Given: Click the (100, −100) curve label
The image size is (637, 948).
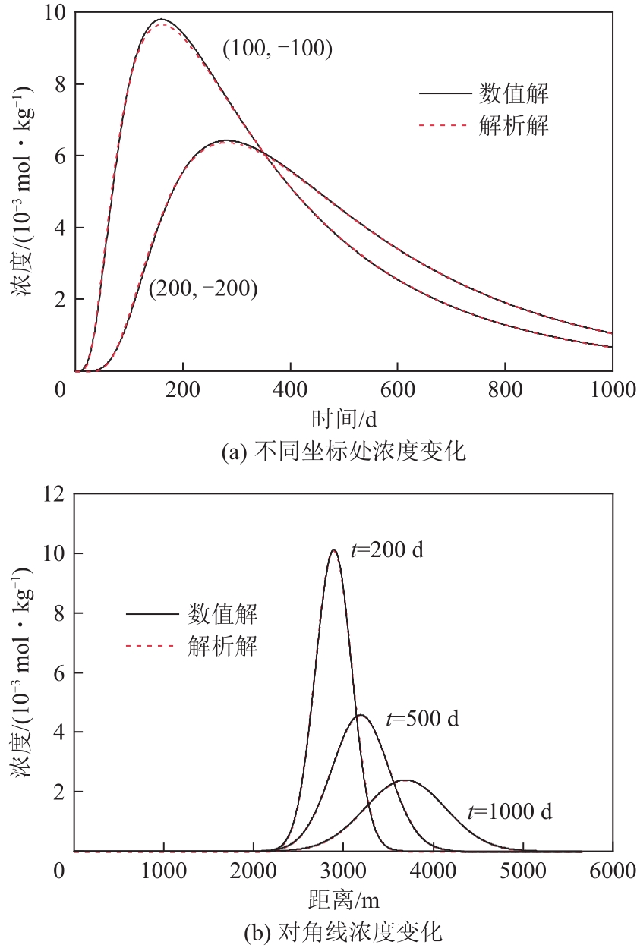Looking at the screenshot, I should coord(277,49).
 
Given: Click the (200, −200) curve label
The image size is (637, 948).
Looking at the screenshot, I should coord(203,288).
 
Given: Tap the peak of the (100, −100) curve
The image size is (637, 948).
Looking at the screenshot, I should coord(162,20).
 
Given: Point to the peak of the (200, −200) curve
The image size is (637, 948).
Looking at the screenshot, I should coord(225,140).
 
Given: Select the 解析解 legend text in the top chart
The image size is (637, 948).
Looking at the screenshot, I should coord(513,126).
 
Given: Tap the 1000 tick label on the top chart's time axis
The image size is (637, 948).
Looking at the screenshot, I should coord(610,390).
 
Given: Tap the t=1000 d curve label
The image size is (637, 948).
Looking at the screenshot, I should coord(509,811).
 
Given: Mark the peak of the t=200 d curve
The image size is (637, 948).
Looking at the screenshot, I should coord(333,550).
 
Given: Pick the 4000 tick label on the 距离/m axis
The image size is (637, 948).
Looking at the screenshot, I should coord(432,870).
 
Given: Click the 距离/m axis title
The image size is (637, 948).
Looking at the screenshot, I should coord(343,900).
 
